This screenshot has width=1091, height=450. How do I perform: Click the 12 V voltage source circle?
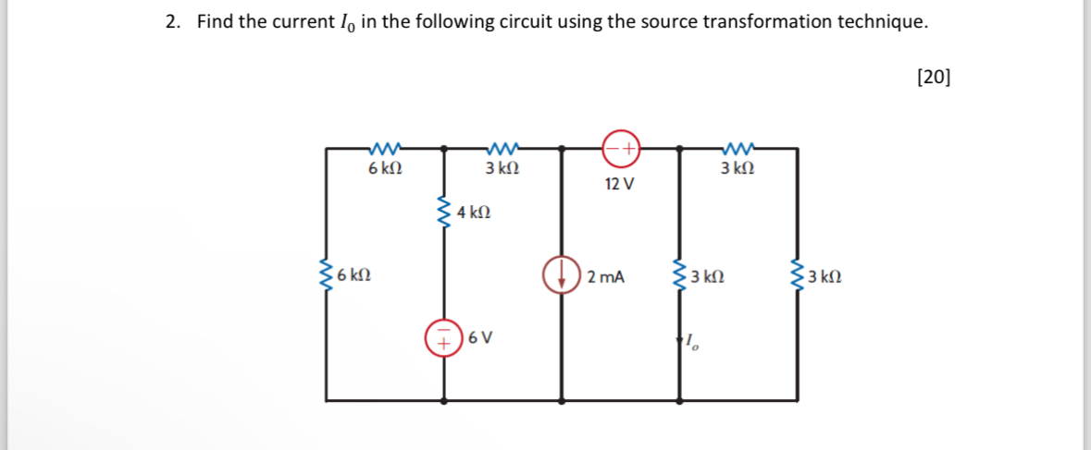621,146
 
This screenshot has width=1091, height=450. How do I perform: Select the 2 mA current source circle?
562,275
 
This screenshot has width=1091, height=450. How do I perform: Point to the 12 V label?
619,184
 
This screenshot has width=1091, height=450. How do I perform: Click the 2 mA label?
606,276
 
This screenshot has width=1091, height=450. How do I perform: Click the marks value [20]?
933,77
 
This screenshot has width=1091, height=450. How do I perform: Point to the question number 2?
172,22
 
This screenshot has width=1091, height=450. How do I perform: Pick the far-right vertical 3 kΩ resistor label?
824,276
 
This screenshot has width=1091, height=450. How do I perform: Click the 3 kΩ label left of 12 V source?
502,169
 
